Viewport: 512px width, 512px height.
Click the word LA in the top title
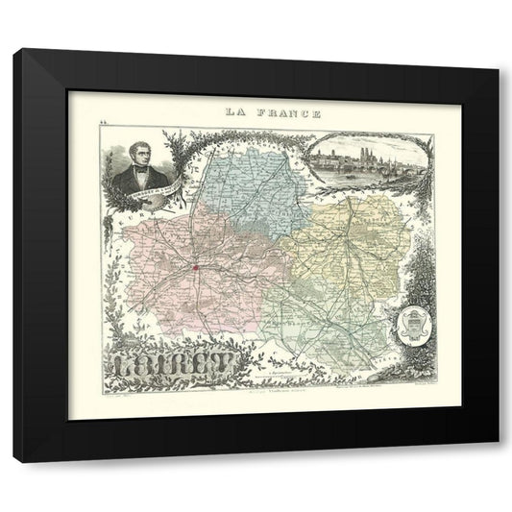[x=234, y=111]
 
